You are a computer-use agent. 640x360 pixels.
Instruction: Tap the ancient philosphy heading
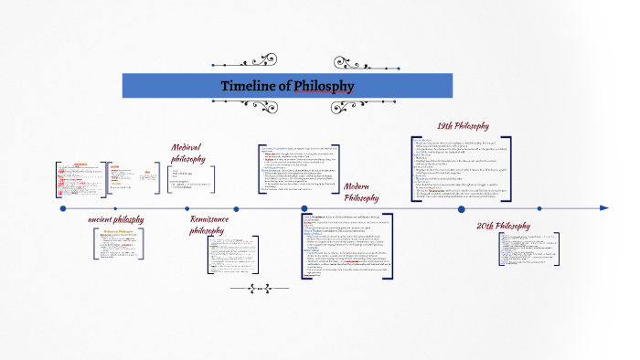(x=115, y=220)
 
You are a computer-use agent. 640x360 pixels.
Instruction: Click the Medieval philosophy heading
(x=188, y=153)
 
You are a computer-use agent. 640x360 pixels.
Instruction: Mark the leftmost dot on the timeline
(x=63, y=208)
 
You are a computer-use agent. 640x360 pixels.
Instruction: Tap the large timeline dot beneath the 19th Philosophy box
(x=462, y=208)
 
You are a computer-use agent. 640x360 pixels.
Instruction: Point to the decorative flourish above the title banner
(x=288, y=65)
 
